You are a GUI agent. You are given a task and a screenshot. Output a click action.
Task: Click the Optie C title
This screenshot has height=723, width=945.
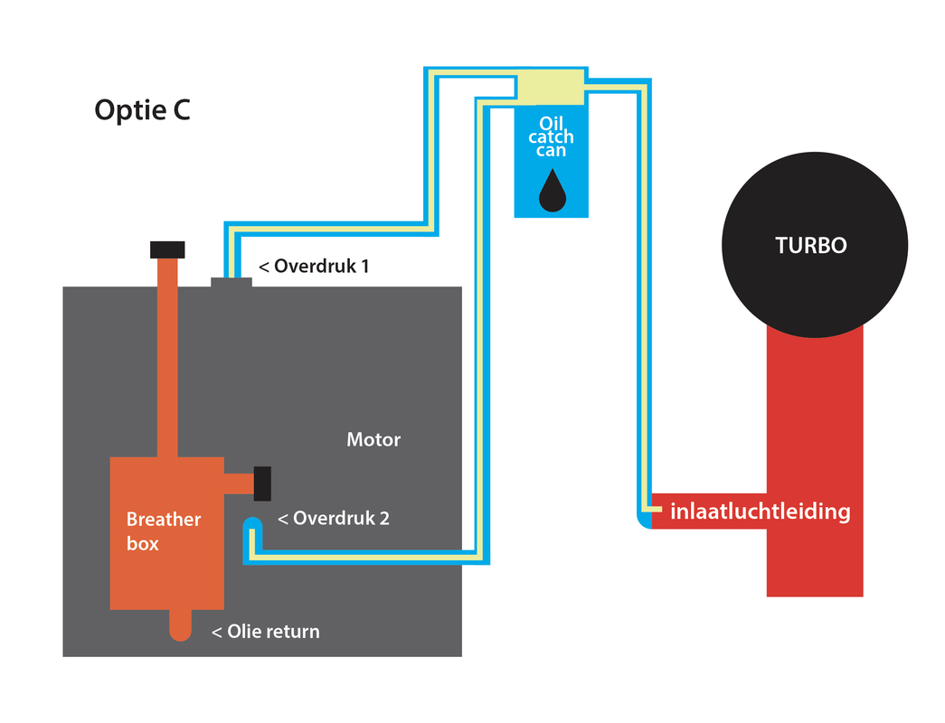(142, 111)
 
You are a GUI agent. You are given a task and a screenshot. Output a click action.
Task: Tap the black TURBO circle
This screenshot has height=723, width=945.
(814, 245)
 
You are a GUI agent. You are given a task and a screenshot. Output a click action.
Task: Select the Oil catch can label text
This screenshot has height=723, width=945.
(552, 136)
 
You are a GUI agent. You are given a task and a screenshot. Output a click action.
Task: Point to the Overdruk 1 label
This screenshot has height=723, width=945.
(314, 267)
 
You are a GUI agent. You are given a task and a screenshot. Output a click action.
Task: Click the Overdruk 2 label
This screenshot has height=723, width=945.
(333, 519)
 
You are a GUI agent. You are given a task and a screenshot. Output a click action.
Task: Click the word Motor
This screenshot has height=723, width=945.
(373, 440)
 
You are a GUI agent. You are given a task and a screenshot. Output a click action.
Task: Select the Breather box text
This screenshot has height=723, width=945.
(163, 531)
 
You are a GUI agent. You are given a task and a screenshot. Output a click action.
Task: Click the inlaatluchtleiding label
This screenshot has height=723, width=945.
(761, 512)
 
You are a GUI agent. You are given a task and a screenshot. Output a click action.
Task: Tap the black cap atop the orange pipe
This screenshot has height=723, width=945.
(167, 250)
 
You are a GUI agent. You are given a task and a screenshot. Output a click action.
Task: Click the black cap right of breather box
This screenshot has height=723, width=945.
(263, 484)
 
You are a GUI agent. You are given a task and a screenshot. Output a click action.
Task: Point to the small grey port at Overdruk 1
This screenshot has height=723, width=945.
(232, 282)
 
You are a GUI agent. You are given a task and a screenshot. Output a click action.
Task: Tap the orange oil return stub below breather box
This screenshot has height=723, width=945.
(181, 624)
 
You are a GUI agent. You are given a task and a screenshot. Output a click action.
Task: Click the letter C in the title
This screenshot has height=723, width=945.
(179, 111)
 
